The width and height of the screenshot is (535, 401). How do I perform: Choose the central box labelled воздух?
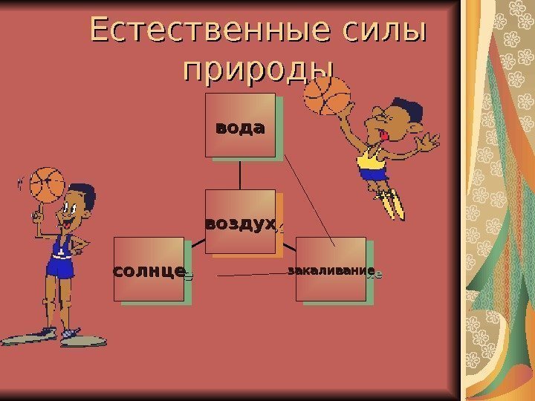tap(240, 222)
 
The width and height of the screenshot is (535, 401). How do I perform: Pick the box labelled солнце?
tap(149, 269)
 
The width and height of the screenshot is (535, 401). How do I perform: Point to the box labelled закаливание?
tap(331, 269)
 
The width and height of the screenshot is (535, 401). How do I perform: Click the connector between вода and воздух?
tap(240, 175)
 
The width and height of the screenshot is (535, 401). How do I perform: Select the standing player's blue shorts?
tap(62, 265)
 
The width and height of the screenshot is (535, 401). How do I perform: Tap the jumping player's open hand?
tap(428, 142)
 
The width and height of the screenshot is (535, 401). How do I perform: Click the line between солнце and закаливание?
tap(253, 275)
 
